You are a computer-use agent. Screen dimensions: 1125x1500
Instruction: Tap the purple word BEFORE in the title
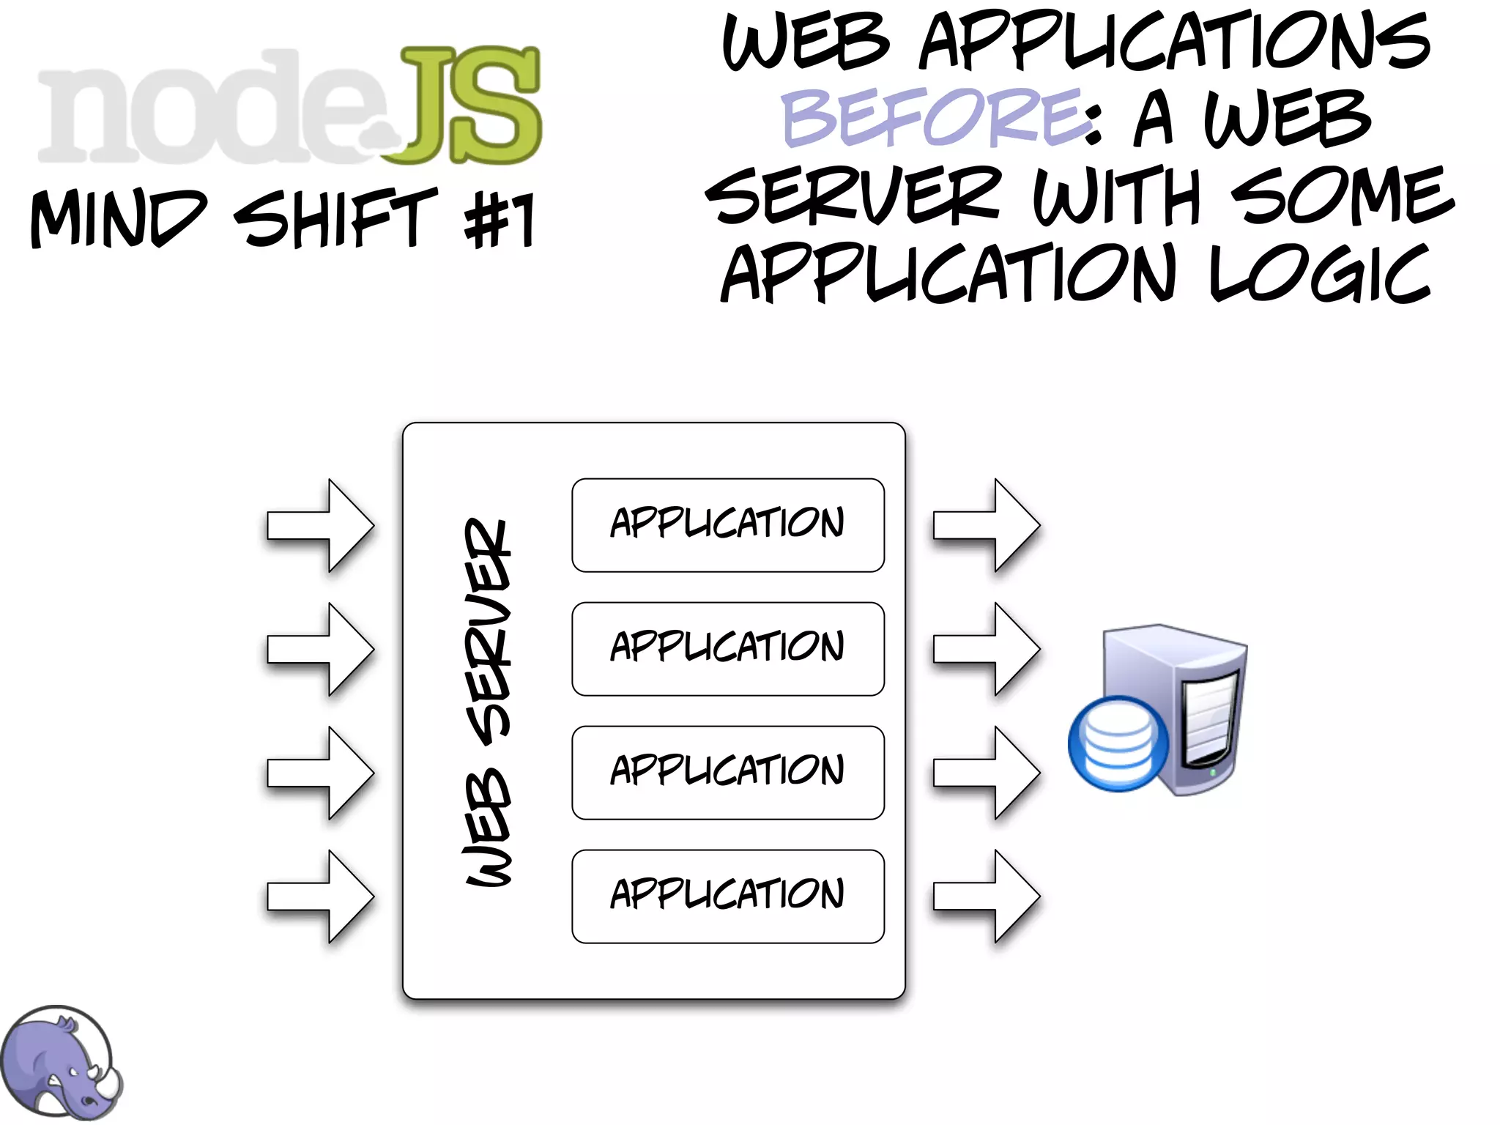pyautogui.click(x=930, y=117)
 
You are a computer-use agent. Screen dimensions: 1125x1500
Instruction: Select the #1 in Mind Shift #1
pyautogui.click(x=500, y=220)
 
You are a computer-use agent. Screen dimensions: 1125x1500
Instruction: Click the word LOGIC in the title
pyautogui.click(x=1319, y=274)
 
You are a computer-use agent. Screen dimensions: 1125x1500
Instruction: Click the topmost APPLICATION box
pyautogui.click(x=727, y=524)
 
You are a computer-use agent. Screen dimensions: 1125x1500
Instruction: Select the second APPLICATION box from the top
pyautogui.click(x=727, y=648)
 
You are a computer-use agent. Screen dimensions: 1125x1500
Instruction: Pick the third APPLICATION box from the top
pyautogui.click(x=727, y=772)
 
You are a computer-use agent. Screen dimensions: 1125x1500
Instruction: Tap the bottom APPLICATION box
pyautogui.click(x=727, y=896)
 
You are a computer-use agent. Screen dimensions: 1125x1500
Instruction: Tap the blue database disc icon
pyautogui.click(x=1118, y=743)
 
